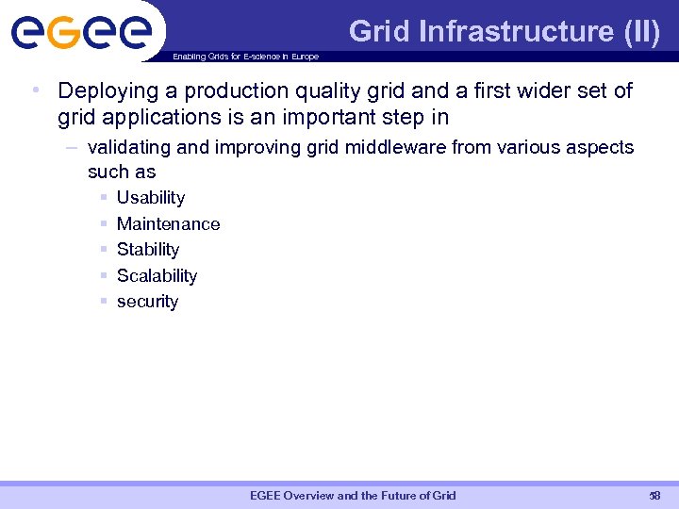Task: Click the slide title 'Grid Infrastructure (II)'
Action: click(505, 31)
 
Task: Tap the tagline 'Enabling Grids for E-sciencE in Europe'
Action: click(245, 57)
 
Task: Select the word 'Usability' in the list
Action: click(151, 198)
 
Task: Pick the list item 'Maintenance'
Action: click(168, 224)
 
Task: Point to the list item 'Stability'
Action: click(148, 250)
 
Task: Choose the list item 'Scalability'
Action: click(157, 276)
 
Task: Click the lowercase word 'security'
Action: click(147, 302)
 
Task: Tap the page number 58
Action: click(654, 496)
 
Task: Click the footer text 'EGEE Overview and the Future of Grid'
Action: click(353, 496)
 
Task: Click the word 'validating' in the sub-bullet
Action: click(125, 148)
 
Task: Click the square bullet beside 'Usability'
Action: click(102, 198)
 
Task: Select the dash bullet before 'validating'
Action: click(74, 148)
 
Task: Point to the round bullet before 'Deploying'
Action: click(34, 91)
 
